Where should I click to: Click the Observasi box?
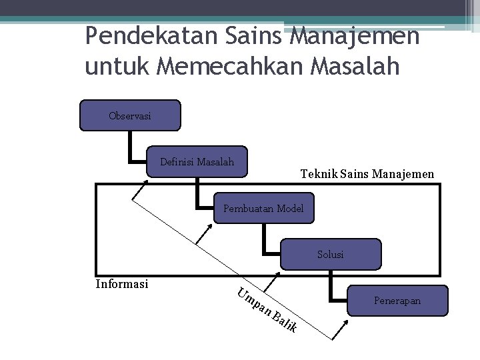click(x=130, y=115)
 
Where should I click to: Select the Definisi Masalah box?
click(x=197, y=163)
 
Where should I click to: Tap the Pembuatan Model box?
click(x=263, y=208)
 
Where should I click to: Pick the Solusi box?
click(x=331, y=254)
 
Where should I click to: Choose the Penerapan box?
click(x=397, y=301)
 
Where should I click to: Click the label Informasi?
click(x=121, y=284)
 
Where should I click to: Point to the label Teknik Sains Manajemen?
click(x=367, y=174)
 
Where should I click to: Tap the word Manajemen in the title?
click(x=355, y=36)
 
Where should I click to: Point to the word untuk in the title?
click(x=113, y=67)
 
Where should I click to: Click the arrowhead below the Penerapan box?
click(x=345, y=325)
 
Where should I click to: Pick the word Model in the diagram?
click(x=290, y=208)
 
